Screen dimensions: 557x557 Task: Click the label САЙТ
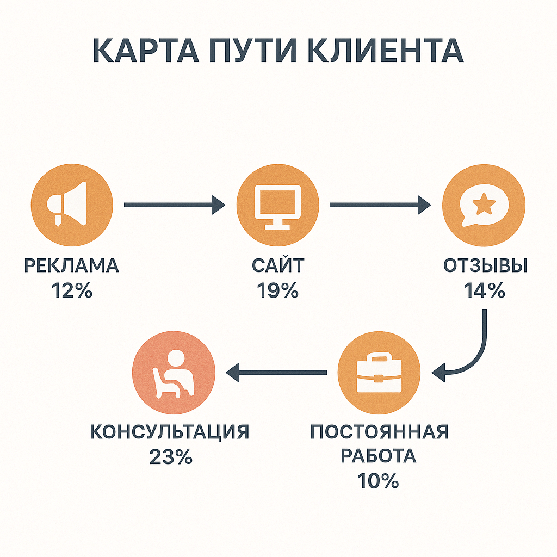pyautogui.click(x=278, y=266)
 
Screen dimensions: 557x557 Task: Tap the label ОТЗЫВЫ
pyautogui.click(x=485, y=266)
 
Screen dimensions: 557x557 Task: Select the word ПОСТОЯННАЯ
pyautogui.click(x=379, y=432)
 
